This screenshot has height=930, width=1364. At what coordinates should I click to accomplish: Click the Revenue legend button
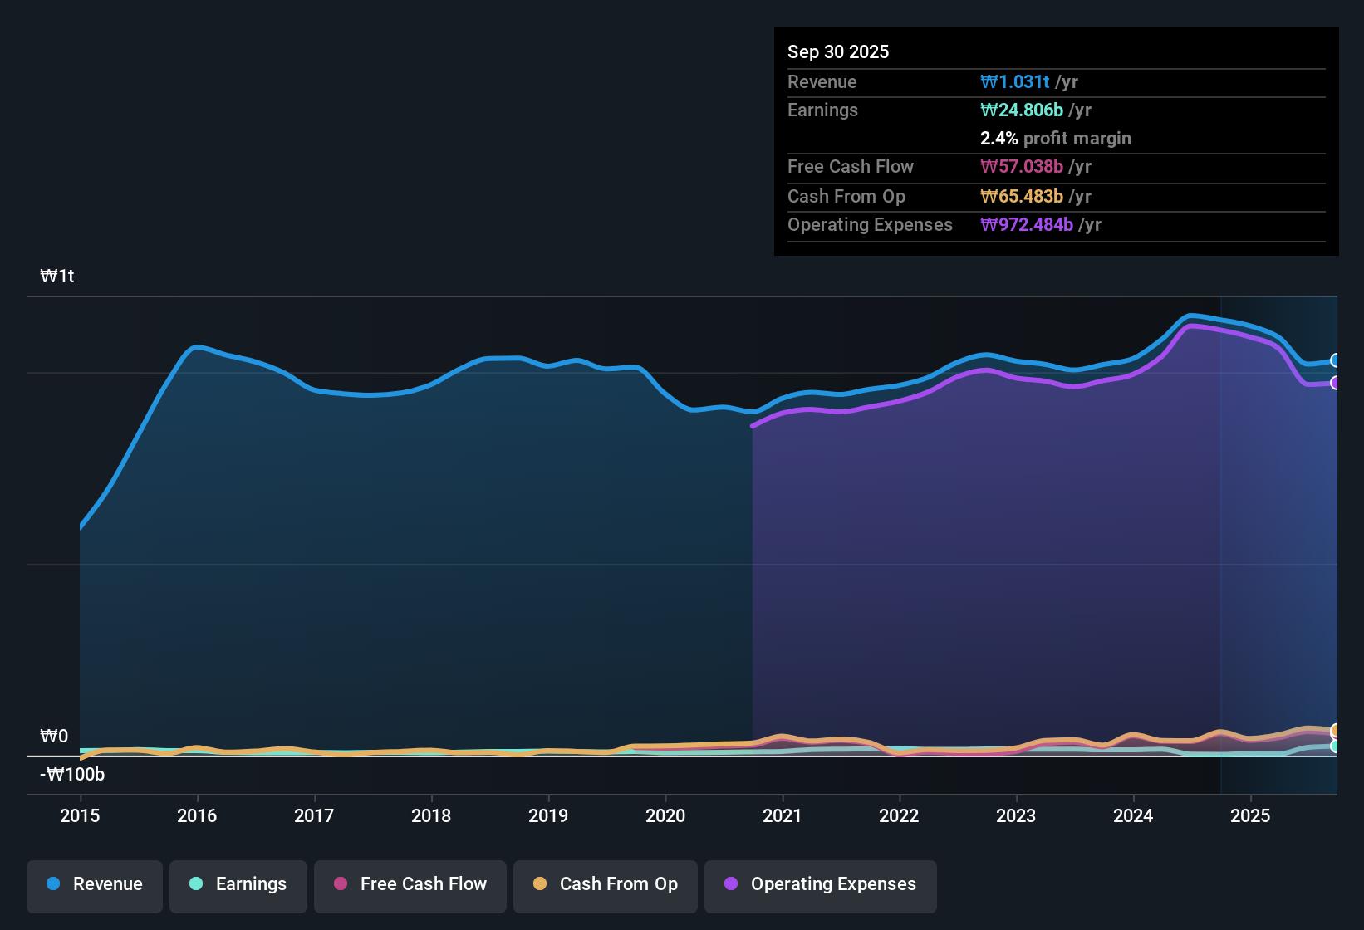click(95, 884)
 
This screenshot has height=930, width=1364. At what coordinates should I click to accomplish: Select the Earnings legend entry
click(238, 884)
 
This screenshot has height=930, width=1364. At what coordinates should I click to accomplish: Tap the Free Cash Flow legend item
click(410, 884)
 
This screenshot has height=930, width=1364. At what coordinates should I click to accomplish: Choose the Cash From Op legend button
click(606, 884)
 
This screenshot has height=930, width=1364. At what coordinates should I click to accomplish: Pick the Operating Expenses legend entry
click(821, 884)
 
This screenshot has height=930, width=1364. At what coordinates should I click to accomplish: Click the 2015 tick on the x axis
click(80, 815)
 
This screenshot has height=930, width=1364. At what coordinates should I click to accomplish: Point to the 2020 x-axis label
click(665, 815)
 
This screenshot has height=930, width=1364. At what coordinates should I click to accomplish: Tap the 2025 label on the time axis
click(1250, 815)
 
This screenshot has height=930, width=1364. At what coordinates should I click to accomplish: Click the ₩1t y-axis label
click(57, 277)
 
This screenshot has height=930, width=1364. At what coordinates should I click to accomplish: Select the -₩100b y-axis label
click(72, 775)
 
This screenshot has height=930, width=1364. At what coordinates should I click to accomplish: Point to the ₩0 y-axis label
click(54, 737)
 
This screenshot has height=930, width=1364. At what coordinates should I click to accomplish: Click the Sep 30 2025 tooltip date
click(838, 51)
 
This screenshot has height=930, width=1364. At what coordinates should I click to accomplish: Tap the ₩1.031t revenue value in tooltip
click(1014, 81)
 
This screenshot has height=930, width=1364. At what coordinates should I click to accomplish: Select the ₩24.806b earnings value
click(1022, 110)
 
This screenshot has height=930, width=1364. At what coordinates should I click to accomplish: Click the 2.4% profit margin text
click(1055, 138)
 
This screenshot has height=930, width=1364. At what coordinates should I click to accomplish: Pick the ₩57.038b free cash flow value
click(1022, 166)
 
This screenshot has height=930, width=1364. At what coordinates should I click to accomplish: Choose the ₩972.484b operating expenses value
click(1027, 224)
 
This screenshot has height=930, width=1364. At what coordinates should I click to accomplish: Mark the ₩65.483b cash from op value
click(1022, 196)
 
